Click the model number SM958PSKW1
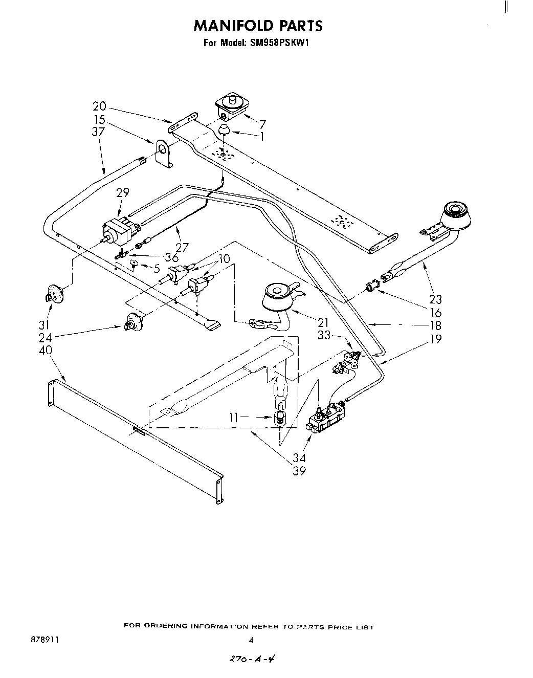pos(283,43)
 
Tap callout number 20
pos(99,106)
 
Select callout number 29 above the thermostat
pos(122,193)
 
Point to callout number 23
pos(435,299)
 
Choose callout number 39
pos(299,471)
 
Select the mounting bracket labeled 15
pos(162,152)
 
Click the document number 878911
pos(45,640)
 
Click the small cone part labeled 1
pos(224,129)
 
